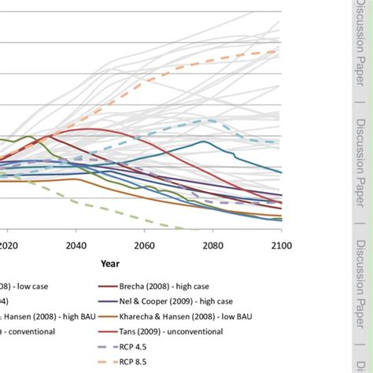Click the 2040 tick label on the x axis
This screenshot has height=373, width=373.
(76, 245)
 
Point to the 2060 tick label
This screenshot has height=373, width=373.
(145, 245)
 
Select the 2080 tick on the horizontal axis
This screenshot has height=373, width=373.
(213, 245)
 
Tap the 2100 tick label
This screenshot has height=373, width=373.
(281, 245)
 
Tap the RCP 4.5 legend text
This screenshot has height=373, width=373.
(146, 346)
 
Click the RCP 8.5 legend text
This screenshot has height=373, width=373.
(146, 361)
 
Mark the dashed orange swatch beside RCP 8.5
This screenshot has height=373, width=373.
(110, 361)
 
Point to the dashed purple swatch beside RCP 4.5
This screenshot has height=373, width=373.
(110, 346)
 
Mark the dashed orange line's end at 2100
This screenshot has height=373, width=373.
(280, 51)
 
